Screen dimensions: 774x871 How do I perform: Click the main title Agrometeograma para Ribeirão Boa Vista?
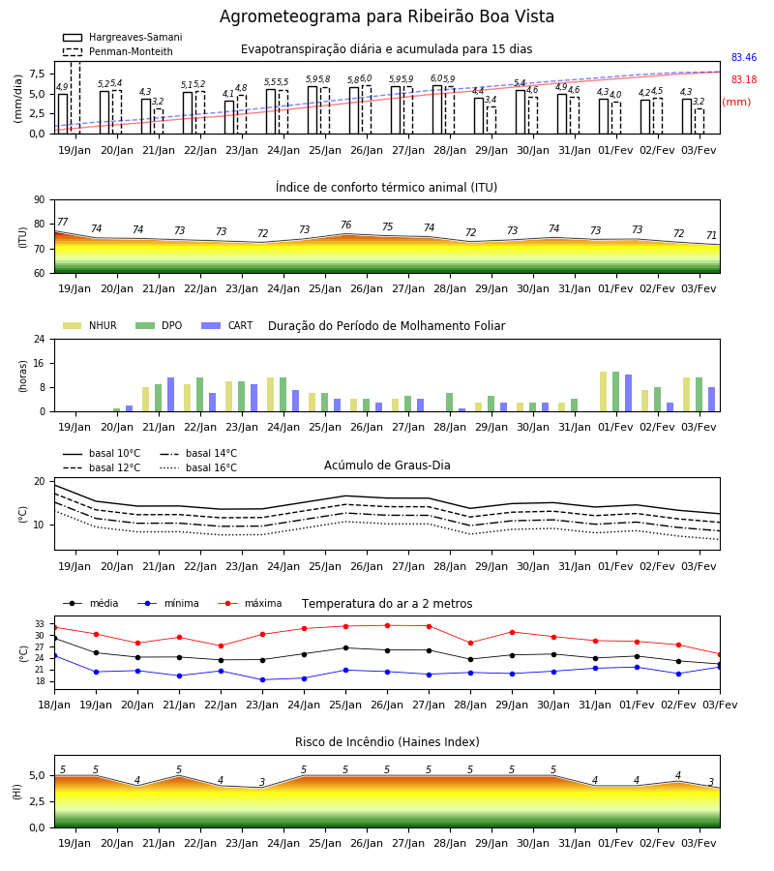click(386, 16)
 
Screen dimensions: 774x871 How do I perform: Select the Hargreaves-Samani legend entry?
click(122, 37)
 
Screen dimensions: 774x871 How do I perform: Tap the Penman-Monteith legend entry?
click(118, 51)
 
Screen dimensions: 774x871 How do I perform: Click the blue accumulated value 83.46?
click(743, 57)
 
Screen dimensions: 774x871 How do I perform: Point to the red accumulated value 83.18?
click(743, 79)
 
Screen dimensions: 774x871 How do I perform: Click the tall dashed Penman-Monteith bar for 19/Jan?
click(75, 98)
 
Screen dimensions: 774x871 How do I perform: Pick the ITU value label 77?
click(63, 222)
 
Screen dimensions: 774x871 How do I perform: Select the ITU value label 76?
click(346, 225)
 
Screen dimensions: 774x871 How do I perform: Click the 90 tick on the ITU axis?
click(40, 200)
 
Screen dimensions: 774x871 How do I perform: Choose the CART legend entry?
click(227, 325)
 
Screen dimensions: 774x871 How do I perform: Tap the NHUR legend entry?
click(90, 325)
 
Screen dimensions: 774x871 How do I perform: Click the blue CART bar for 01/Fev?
click(629, 393)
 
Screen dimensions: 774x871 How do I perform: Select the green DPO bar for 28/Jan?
click(449, 403)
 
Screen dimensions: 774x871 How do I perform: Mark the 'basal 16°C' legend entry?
click(198, 467)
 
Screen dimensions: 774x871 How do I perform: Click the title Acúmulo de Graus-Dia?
click(387, 465)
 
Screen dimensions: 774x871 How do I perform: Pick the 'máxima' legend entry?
click(250, 603)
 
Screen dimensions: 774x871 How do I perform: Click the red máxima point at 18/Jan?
click(54, 628)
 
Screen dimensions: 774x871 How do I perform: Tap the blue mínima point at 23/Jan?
click(262, 680)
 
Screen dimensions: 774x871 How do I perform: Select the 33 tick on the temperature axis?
click(40, 624)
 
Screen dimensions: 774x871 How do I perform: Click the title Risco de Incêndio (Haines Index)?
click(387, 741)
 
